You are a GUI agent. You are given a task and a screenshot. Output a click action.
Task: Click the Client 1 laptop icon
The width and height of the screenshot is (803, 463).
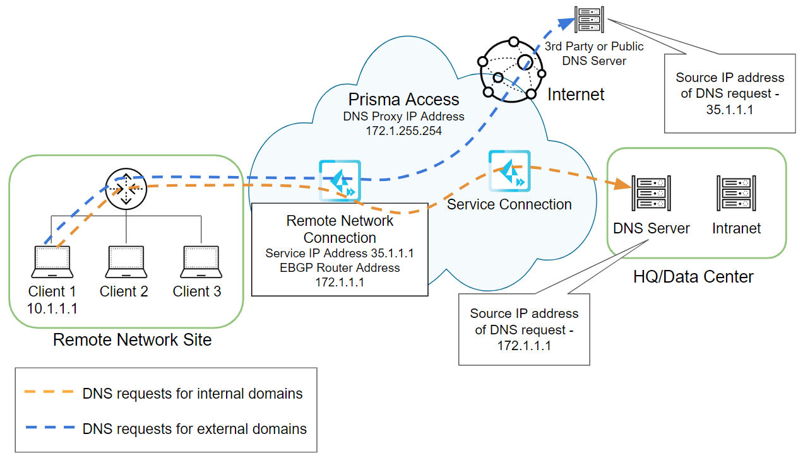pyautogui.click(x=52, y=261)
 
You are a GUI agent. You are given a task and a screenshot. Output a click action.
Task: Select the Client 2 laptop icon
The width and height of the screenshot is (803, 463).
pyautogui.click(x=126, y=261)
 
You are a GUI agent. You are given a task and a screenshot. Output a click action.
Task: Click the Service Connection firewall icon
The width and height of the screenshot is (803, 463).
pyautogui.click(x=509, y=171)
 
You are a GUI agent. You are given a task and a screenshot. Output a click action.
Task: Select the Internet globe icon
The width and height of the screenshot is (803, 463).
pyautogui.click(x=511, y=69)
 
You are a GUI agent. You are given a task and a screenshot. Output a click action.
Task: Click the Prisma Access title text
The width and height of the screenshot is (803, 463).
pyautogui.click(x=404, y=99)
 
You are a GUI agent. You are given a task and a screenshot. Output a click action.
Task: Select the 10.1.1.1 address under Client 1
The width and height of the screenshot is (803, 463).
pyautogui.click(x=52, y=308)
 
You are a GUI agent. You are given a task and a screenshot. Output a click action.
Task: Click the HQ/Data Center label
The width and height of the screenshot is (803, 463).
pyautogui.click(x=693, y=276)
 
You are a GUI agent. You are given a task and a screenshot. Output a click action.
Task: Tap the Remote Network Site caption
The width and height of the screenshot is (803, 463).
pyautogui.click(x=132, y=340)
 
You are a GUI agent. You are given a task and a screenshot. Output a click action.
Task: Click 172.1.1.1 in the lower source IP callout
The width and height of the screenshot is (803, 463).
pyautogui.click(x=525, y=345)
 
